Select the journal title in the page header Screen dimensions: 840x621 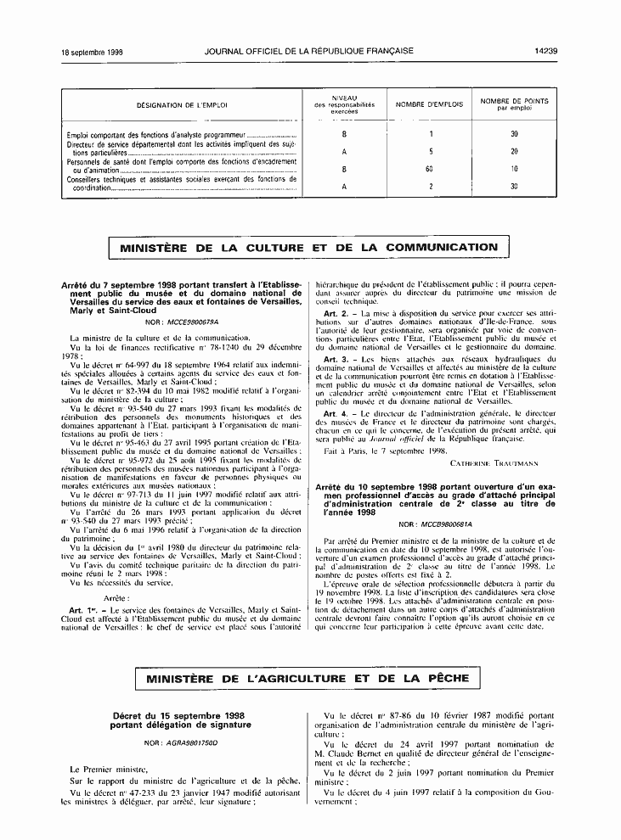coord(309,52)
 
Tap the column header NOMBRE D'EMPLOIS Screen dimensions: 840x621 coord(430,104)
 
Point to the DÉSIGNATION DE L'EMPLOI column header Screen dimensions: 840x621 coord(183,105)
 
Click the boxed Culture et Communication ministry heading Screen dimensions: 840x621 coord(309,248)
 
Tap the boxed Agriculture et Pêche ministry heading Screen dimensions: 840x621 coord(309,679)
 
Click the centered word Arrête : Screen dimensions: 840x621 coord(182,597)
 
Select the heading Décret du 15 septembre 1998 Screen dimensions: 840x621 coord(178,716)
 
